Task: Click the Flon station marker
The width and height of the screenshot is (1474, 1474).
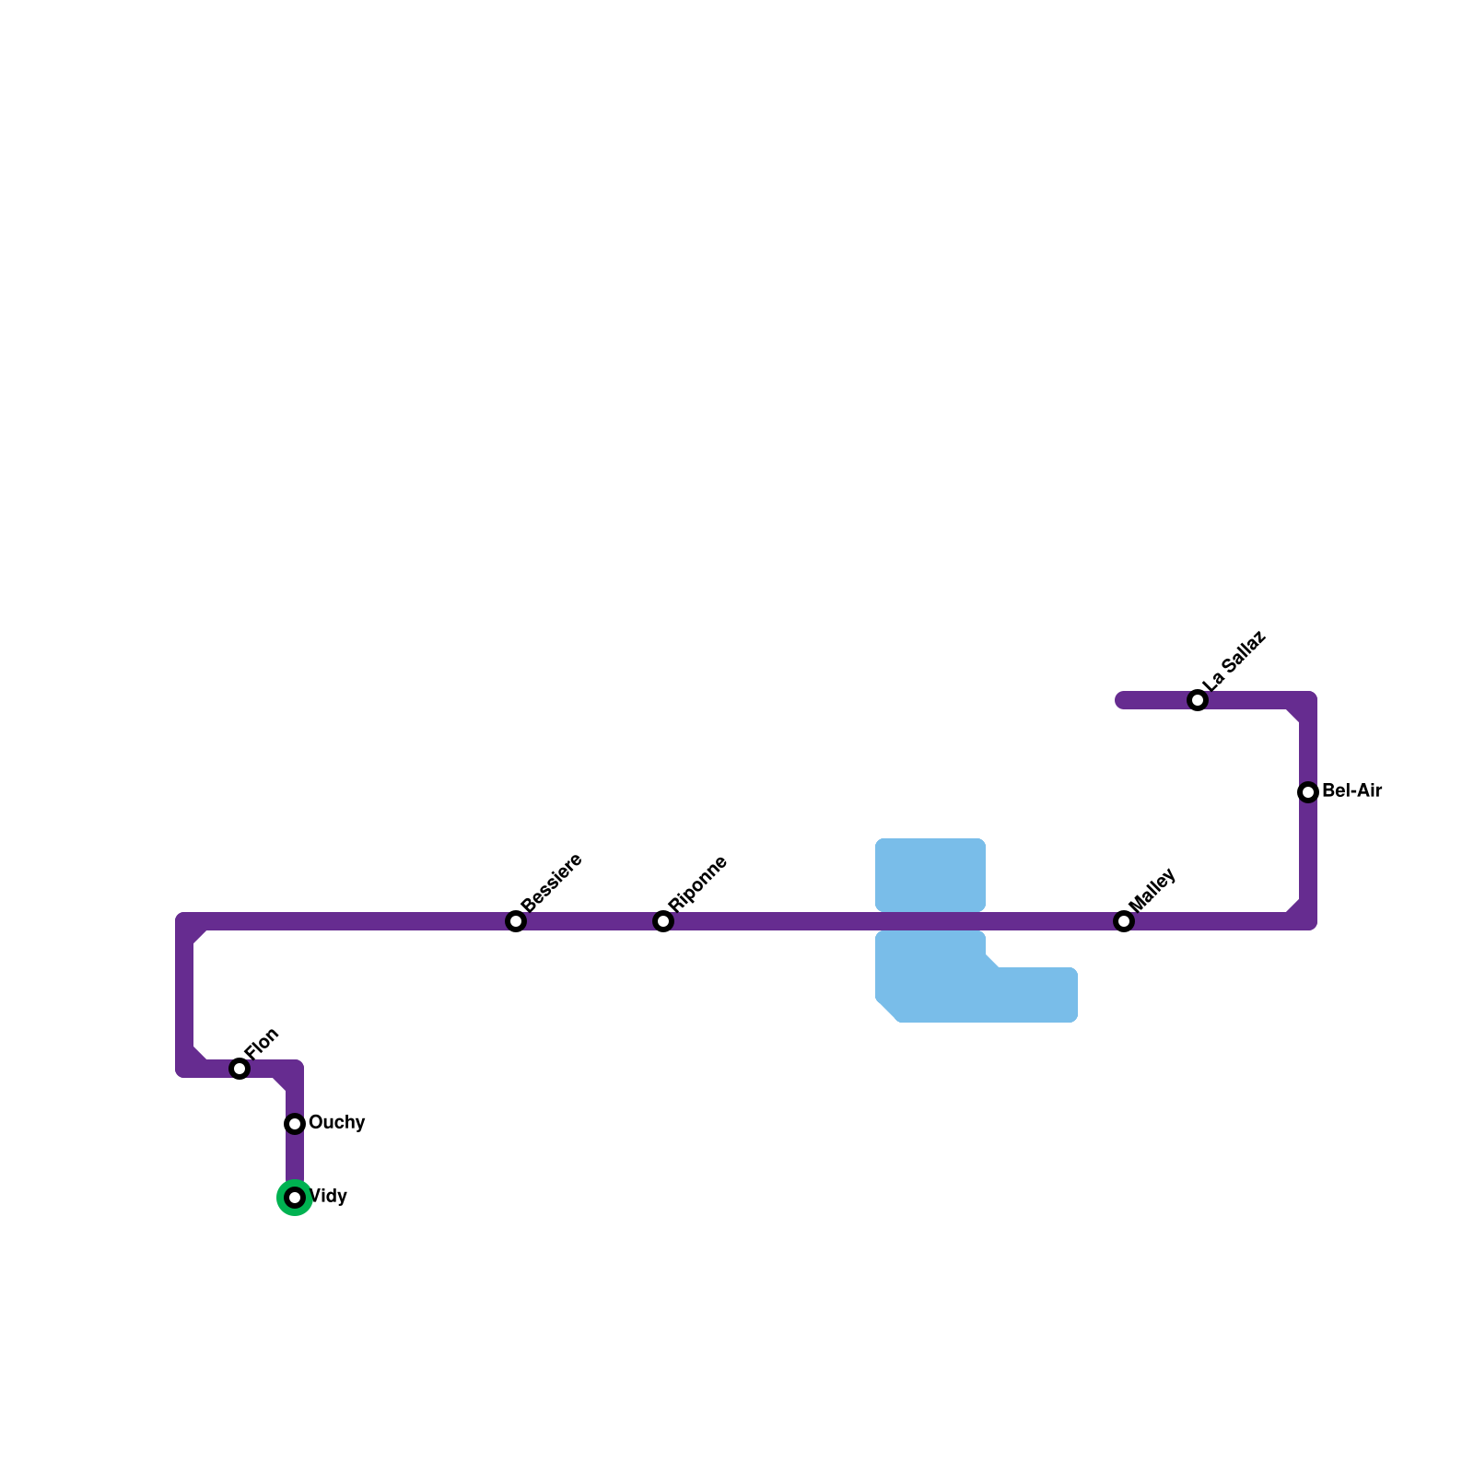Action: [x=240, y=1069]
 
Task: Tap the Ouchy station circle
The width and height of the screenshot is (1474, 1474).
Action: [x=295, y=1124]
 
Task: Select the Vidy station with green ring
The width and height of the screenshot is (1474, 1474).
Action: [x=295, y=1198]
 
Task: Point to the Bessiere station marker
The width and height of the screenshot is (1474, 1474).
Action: [x=516, y=921]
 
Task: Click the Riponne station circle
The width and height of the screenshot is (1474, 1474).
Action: [x=663, y=921]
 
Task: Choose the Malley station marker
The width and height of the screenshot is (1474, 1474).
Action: [x=1124, y=921]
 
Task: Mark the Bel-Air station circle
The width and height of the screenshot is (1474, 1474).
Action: [x=1308, y=792]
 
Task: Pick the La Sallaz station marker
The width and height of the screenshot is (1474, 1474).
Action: [x=1198, y=700]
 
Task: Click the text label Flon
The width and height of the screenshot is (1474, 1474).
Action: [x=262, y=1043]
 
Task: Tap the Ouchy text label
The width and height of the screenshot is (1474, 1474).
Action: [x=336, y=1123]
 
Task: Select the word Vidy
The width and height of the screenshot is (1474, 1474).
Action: [x=329, y=1197]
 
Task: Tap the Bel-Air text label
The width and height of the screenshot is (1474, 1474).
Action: [x=1351, y=791]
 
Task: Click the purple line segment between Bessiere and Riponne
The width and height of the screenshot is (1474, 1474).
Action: [x=590, y=921]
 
